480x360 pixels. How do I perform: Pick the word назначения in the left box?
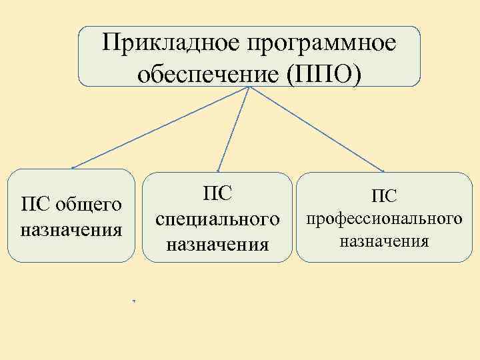pos(72,231)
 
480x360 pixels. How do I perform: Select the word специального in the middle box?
pos(217,218)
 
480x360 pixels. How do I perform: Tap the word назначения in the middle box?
pos(217,244)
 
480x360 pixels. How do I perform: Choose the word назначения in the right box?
pos(383,241)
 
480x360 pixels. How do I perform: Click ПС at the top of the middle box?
pos(217,193)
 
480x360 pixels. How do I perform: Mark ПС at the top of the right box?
pos(383,195)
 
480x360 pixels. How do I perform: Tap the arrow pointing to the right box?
pos(317,129)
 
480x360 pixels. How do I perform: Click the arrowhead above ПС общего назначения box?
pos(73,167)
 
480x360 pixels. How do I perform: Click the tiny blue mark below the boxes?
pos(134,302)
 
